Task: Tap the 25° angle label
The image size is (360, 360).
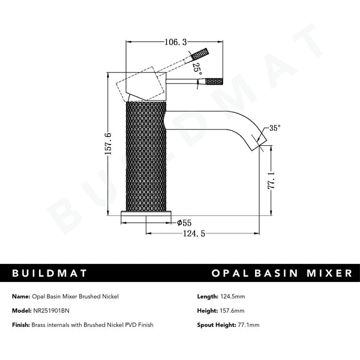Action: click(197, 68)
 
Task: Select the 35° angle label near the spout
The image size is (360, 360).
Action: click(275, 128)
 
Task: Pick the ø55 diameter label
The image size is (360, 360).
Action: click(184, 223)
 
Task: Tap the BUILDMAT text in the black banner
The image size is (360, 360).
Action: click(50, 273)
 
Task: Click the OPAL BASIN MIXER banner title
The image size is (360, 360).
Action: click(282, 273)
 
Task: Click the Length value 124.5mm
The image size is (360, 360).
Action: click(235, 296)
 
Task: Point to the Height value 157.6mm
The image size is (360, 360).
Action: click(234, 311)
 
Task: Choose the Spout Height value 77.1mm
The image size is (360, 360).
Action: click(248, 325)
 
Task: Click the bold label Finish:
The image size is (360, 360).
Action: click(22, 325)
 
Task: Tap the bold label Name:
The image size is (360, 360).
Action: click(21, 296)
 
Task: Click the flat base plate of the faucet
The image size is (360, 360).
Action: click(148, 214)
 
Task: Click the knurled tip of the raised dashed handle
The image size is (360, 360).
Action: click(200, 54)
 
